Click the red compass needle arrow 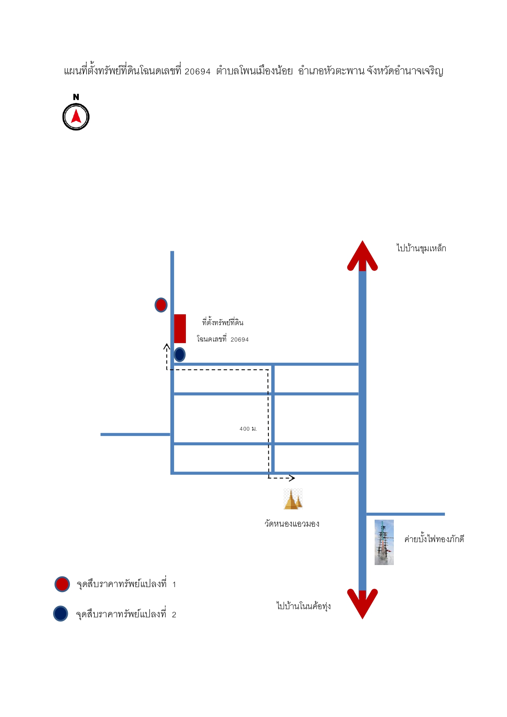click(76, 116)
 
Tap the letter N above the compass click(76, 97)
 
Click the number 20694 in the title click(197, 71)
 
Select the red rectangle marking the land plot click(180, 328)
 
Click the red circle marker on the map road click(161, 305)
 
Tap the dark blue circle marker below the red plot click(179, 355)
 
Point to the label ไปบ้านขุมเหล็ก click(421, 248)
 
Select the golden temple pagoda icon click(293, 499)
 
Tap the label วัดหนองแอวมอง click(292, 524)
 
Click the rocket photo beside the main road click(384, 542)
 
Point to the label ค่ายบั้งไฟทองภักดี click(434, 539)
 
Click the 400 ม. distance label click(248, 429)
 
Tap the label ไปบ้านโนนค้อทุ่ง click(304, 606)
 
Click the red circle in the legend click(62, 584)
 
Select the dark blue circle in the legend click(60, 614)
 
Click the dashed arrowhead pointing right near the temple click(291, 478)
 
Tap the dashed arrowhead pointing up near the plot click(167, 347)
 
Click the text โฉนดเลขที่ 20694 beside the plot click(223, 339)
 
